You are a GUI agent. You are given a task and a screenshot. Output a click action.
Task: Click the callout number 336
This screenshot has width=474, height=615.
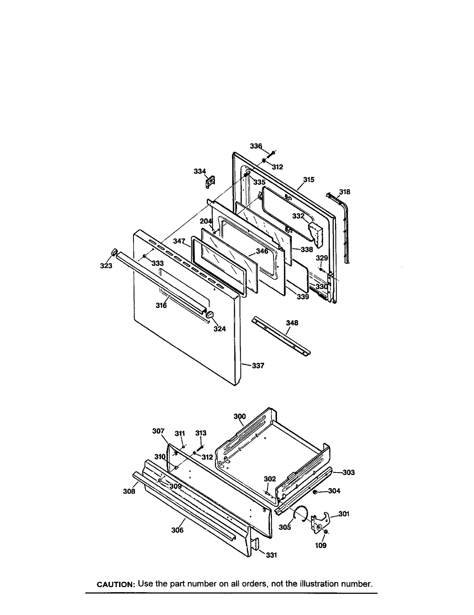tap(256, 146)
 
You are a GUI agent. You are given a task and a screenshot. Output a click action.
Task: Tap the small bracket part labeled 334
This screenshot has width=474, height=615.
tap(211, 182)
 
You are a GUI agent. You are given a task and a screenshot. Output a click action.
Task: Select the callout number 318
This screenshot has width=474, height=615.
tap(345, 192)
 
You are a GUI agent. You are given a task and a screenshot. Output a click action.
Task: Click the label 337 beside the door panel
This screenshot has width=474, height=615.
tap(258, 366)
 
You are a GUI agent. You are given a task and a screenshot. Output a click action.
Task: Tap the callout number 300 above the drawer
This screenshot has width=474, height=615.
tap(240, 416)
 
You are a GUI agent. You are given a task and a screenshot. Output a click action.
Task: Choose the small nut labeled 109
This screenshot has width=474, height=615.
tap(326, 532)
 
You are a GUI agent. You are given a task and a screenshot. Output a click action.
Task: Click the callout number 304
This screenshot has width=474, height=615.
tap(334, 491)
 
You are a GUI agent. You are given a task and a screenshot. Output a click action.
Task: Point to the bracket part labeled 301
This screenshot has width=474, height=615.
tap(322, 520)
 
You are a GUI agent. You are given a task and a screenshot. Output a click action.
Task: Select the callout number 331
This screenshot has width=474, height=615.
tap(271, 555)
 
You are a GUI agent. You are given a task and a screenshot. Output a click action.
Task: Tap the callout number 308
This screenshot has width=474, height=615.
tap(129, 491)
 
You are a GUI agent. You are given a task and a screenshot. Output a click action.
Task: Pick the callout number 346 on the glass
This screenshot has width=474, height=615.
tap(262, 251)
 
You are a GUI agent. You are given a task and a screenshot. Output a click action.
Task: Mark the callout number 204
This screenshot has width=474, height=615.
tap(206, 221)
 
